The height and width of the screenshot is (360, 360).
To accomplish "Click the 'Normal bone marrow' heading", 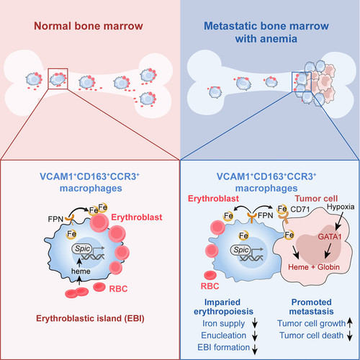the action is (89, 26).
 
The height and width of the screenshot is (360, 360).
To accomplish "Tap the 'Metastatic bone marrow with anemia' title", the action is (266, 32).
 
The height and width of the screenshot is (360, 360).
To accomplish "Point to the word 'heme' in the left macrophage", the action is (81, 271).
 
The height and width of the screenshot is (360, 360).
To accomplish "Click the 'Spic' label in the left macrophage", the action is (82, 248).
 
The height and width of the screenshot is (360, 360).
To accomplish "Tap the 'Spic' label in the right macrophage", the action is (240, 250).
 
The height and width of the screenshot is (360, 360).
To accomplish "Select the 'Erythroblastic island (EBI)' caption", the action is (90, 318).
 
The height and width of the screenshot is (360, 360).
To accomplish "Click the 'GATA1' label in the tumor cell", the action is (330, 237).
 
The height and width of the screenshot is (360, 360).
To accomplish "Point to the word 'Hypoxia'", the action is (341, 207).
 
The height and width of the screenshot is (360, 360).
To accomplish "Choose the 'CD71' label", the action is (300, 210).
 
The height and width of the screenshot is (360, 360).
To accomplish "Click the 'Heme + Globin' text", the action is (314, 267).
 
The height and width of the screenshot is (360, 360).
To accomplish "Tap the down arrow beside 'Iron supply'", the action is (255, 324).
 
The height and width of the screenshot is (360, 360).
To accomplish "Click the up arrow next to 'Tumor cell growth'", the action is (350, 323).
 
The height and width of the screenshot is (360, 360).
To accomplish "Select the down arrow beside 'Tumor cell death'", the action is (350, 336).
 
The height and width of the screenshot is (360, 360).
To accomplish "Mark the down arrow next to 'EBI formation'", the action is (255, 348).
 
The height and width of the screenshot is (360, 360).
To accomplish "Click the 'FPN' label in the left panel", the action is (55, 219).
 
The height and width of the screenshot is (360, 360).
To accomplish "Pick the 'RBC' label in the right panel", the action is (210, 286).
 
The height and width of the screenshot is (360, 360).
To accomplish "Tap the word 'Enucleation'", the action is (224, 336).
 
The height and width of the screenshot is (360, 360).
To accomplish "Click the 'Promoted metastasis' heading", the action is (311, 307).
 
